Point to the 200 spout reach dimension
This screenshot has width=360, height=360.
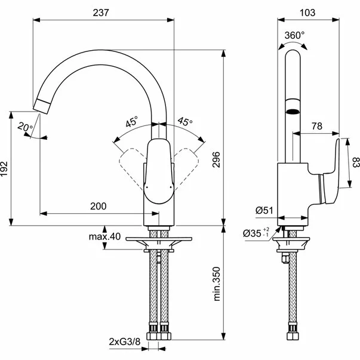[99, 206]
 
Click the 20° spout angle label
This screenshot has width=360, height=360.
[24, 127]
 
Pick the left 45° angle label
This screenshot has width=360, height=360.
[131, 122]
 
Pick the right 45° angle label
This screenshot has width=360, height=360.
[186, 122]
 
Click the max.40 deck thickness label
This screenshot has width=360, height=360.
[104, 237]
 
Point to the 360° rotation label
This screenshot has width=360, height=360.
[294, 35]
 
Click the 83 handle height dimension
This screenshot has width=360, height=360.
[354, 162]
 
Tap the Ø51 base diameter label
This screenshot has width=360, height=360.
[264, 210]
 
